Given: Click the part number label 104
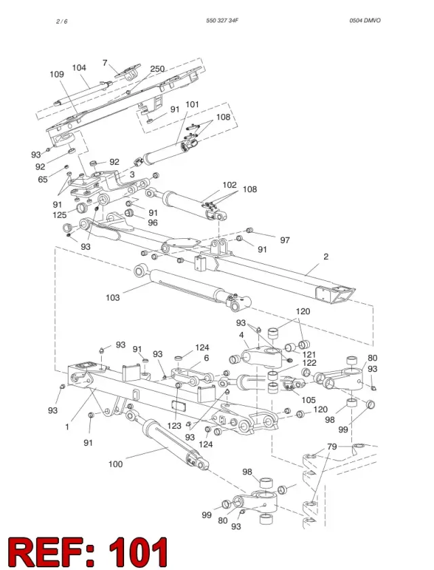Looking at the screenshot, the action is pos(79,68).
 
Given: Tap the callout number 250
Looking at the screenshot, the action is pos(157,69).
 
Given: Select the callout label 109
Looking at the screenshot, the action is pos(57,74).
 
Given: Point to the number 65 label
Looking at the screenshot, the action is pos(43,179).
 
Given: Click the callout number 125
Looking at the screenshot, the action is pos(60,215).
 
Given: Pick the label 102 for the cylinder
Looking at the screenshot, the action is pos(229,185).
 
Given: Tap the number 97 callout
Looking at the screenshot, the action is pos(285,240).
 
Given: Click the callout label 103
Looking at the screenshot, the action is pos(113,297).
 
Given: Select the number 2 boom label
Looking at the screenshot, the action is pos(325,256).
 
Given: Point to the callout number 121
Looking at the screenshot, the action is pos(309,354).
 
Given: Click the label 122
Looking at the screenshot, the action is pos(309,363).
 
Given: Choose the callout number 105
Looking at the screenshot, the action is pos(309,400).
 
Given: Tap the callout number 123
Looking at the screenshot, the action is pos(174,425).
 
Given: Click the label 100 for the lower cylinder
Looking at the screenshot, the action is pos(115,464).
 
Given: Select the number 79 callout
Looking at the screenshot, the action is pos(332,446).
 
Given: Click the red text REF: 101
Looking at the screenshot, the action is pos(88,552).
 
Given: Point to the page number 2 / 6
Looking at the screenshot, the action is pos(62,22).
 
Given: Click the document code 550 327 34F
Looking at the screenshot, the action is pos(222,20).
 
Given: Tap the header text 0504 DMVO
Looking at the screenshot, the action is pos(365,20).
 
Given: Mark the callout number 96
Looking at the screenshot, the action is pos(153,223).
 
